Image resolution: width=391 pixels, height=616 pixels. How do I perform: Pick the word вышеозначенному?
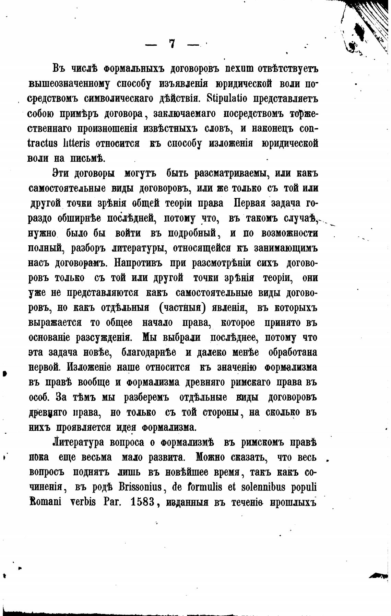click(x=69, y=83)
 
